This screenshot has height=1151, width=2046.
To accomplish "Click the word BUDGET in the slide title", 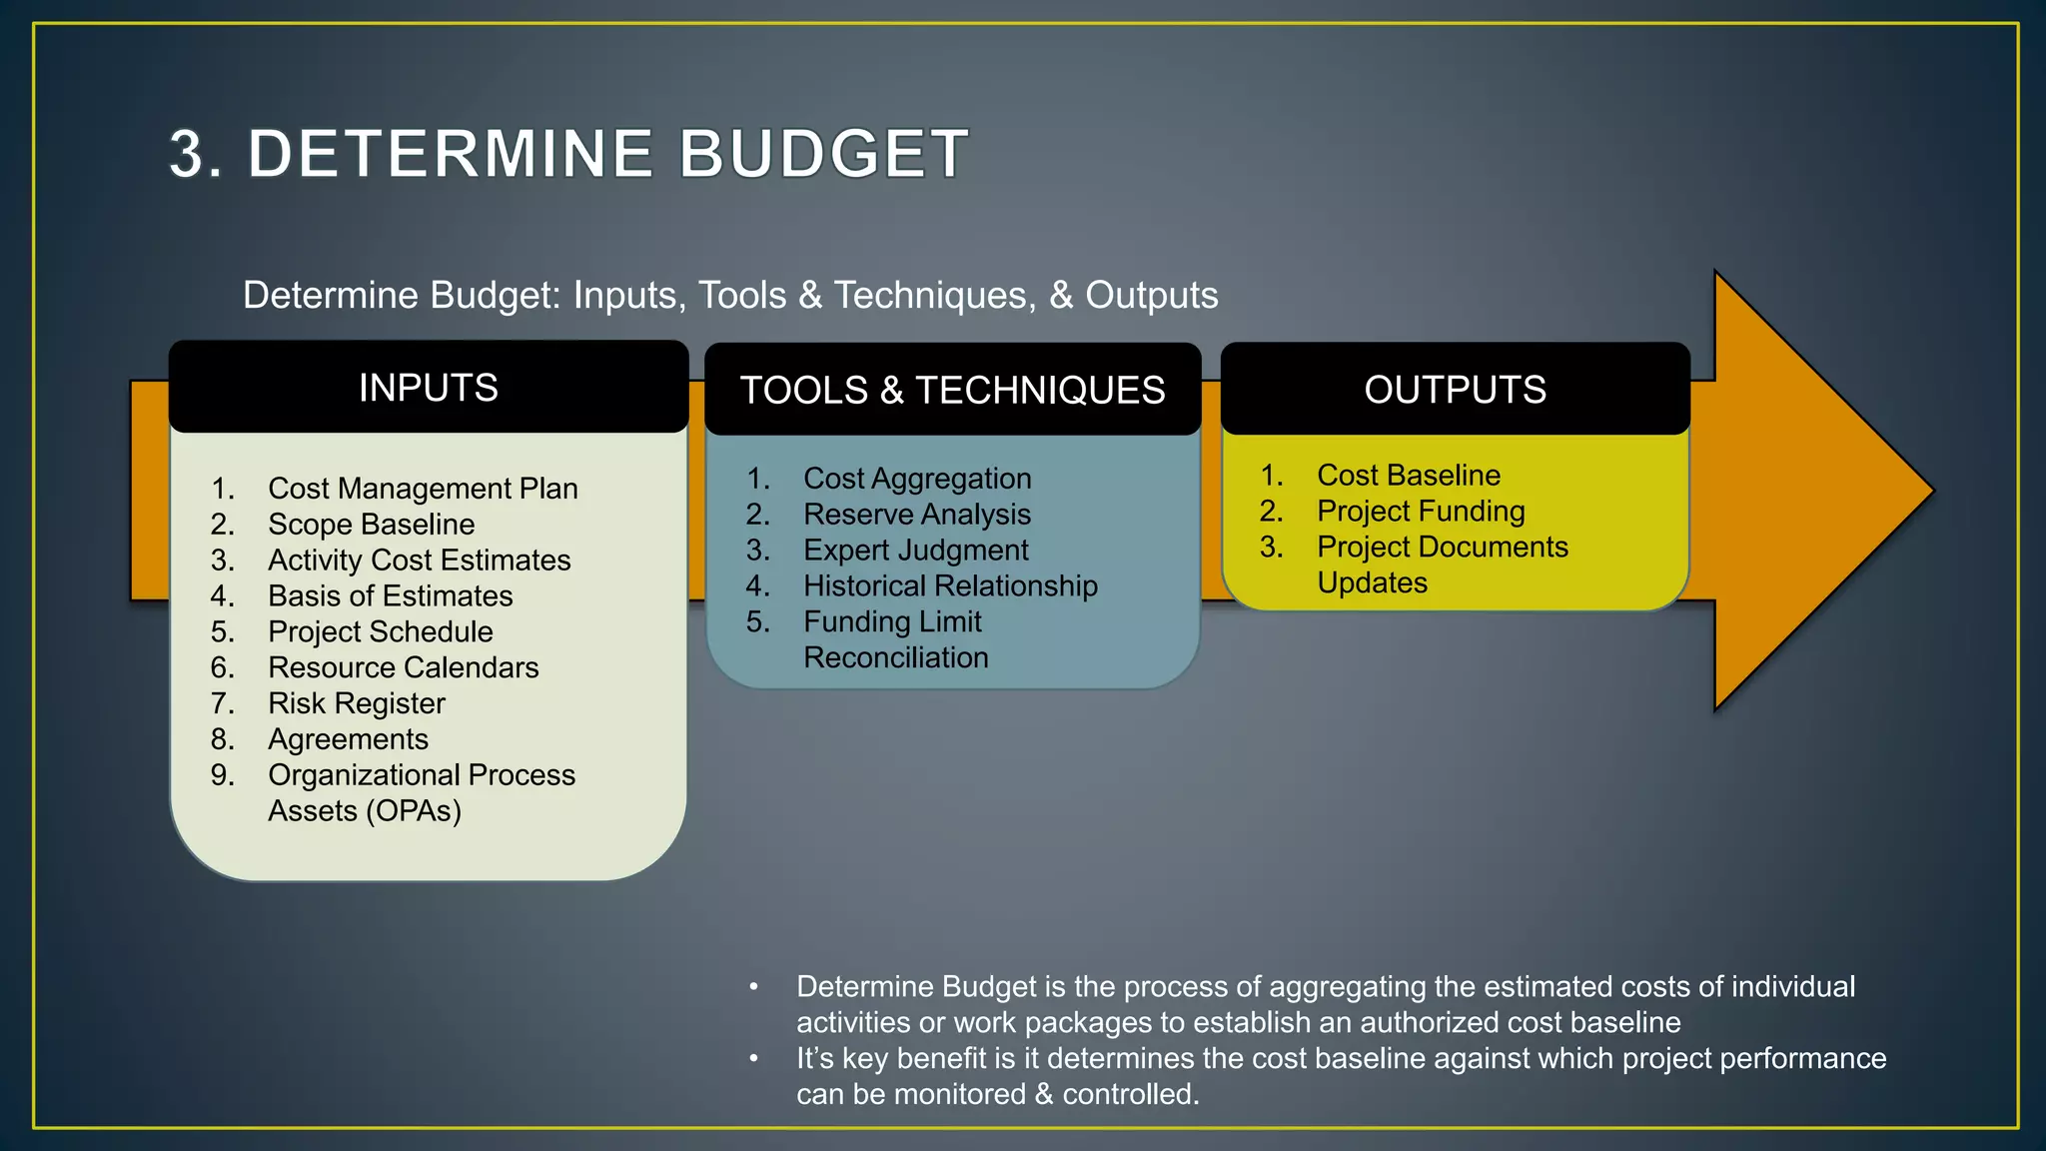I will (x=823, y=154).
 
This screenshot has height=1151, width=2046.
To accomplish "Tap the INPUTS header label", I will (x=429, y=388).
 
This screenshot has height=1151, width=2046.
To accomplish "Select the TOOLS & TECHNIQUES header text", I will (x=952, y=390).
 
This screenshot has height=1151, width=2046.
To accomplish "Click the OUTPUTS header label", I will (x=1455, y=390).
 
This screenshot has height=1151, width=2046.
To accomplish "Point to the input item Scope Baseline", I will (x=371, y=525).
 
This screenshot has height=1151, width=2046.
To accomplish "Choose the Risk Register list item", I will (x=356, y=703).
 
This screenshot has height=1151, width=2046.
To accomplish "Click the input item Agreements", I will (x=348, y=739).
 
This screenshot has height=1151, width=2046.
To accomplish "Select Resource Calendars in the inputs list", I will (x=403, y=667).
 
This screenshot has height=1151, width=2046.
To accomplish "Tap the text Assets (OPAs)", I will (x=364, y=811).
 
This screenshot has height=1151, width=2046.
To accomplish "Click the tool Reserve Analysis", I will (x=916, y=515).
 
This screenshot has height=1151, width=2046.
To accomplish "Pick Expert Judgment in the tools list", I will (x=915, y=551).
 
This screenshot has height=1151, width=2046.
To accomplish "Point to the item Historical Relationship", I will (x=949, y=586).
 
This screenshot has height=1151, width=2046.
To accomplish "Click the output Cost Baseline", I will (x=1408, y=476).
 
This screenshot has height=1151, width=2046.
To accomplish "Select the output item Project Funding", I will (x=1420, y=512).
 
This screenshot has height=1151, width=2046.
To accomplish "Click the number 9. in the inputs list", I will (x=222, y=775).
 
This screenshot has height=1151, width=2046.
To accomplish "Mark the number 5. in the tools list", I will (x=757, y=622).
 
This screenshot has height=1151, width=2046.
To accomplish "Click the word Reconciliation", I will (x=895, y=658).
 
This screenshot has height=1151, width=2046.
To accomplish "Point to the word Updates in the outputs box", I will (x=1372, y=583).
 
